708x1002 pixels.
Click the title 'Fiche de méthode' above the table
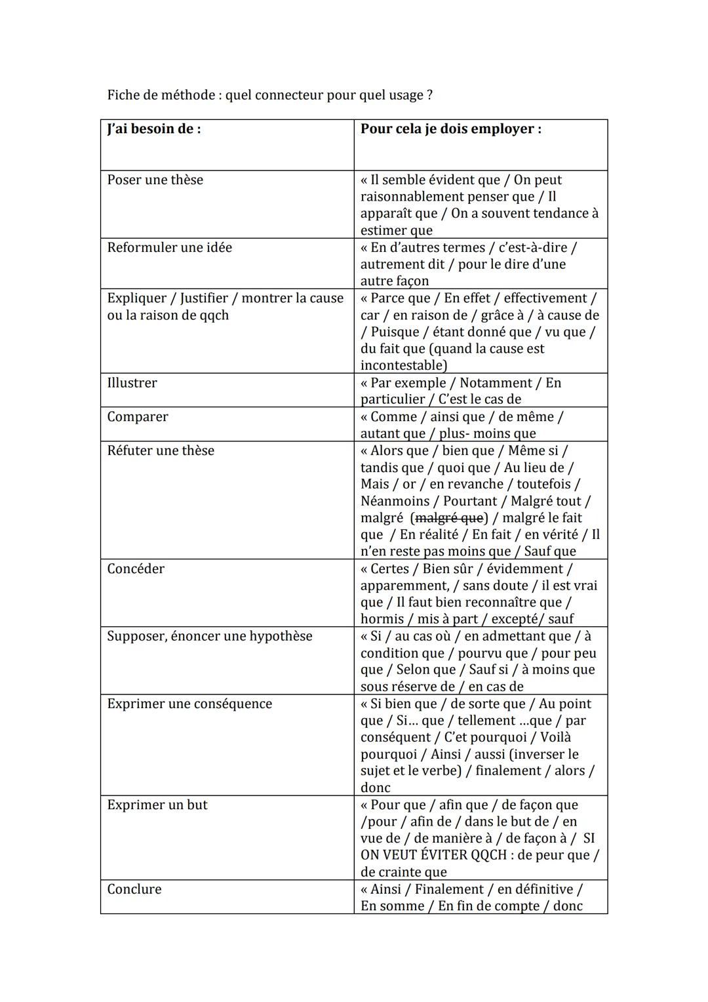[x=161, y=95]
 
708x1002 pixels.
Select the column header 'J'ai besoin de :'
[x=154, y=129]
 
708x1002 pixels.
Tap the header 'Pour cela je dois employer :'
[x=450, y=129]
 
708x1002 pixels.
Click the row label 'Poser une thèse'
[x=155, y=180]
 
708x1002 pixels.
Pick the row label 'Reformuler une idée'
[x=169, y=247]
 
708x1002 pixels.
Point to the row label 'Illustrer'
[x=132, y=383]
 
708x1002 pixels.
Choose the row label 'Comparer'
[x=138, y=417]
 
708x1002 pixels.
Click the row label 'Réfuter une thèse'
[x=161, y=451]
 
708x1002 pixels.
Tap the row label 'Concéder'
[x=136, y=569]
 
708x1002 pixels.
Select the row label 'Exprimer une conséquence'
[x=189, y=704]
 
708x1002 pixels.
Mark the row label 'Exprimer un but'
[x=157, y=805]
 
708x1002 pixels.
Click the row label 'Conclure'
[x=134, y=889]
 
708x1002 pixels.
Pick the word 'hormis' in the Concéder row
[x=382, y=619]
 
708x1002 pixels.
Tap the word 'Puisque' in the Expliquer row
[x=395, y=332]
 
